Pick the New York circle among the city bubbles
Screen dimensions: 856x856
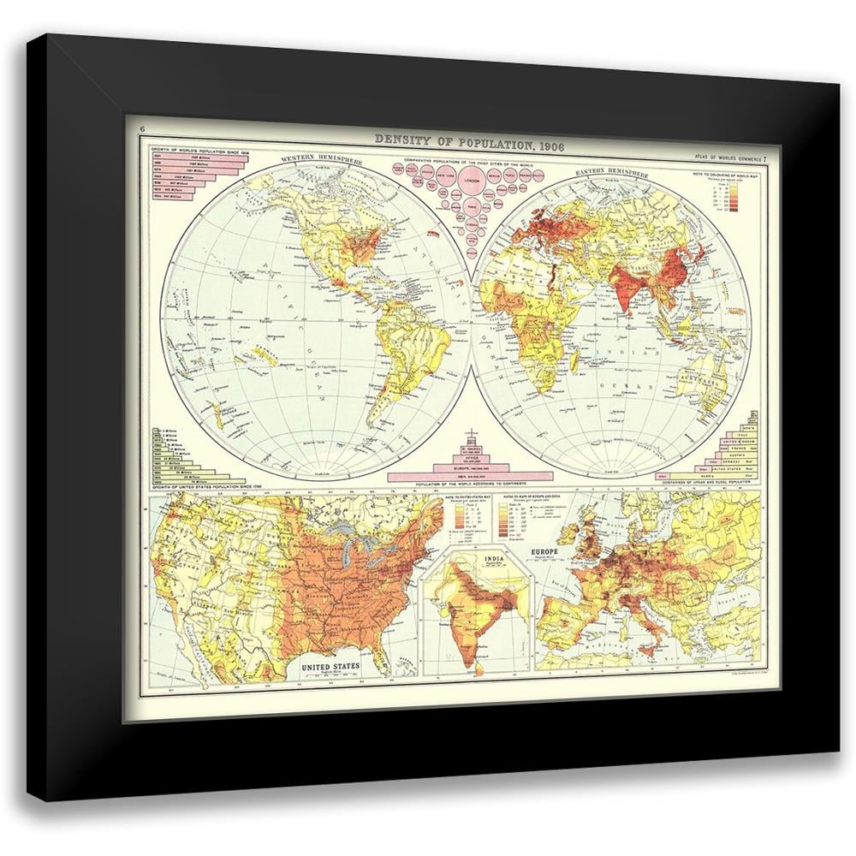445,175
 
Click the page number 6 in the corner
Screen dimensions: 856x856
143,130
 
